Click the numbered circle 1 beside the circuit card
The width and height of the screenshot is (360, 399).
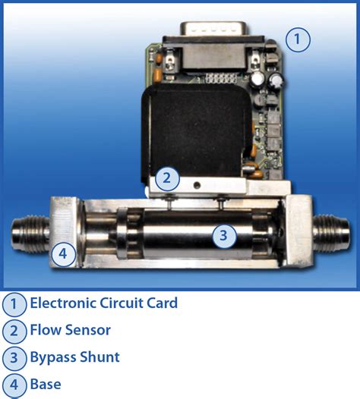point(298,39)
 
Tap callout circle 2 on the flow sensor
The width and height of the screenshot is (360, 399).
point(168,180)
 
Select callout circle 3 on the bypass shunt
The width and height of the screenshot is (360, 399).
point(223,235)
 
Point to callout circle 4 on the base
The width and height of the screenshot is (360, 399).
point(64,254)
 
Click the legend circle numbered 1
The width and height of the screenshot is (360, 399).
point(14,304)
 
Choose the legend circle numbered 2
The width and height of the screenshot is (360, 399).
point(14,331)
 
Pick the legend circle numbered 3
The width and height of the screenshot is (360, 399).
point(14,357)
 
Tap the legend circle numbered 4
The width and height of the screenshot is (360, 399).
point(14,384)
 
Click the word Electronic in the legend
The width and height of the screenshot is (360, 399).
point(63,303)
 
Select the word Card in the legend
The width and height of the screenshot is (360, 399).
point(161,303)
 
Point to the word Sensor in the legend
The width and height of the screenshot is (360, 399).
point(86,330)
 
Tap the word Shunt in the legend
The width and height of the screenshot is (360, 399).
point(101,357)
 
